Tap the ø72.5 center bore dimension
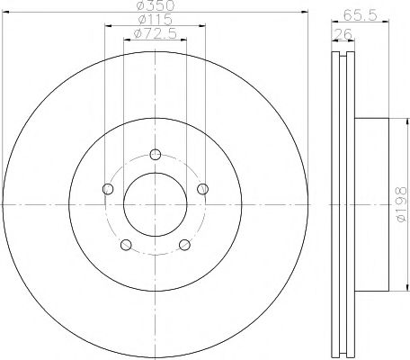[155, 33]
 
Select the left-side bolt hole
[109, 188]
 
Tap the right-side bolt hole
[202, 188]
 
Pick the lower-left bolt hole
[127, 244]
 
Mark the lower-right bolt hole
[184, 244]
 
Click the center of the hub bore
[155, 203]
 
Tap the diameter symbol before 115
[140, 20]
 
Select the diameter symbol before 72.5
[136, 33]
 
